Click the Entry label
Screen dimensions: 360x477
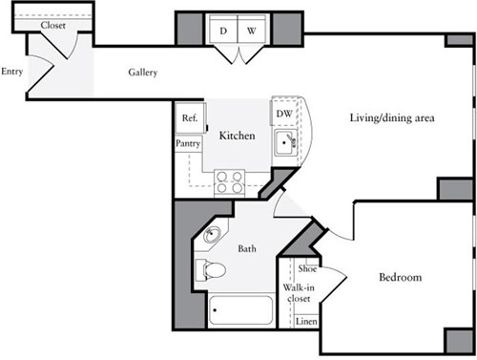(x=11, y=72)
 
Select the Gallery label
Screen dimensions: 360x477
(x=143, y=74)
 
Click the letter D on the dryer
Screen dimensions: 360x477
(x=223, y=31)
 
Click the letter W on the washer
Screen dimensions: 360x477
(x=252, y=31)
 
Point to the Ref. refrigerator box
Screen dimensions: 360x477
(x=188, y=118)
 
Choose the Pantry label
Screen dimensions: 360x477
(x=187, y=143)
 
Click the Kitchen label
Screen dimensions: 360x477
(x=237, y=137)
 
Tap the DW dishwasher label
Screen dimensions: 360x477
(x=283, y=114)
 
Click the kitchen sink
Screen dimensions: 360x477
(x=285, y=144)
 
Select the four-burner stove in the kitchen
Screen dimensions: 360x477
(x=229, y=181)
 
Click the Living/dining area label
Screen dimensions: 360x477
(x=391, y=118)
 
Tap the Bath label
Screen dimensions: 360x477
(x=247, y=249)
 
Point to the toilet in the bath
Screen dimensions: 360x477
(x=212, y=270)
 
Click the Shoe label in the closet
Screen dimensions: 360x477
(x=307, y=270)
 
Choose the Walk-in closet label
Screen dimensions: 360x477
(x=299, y=294)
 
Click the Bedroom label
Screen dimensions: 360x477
(x=401, y=278)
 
